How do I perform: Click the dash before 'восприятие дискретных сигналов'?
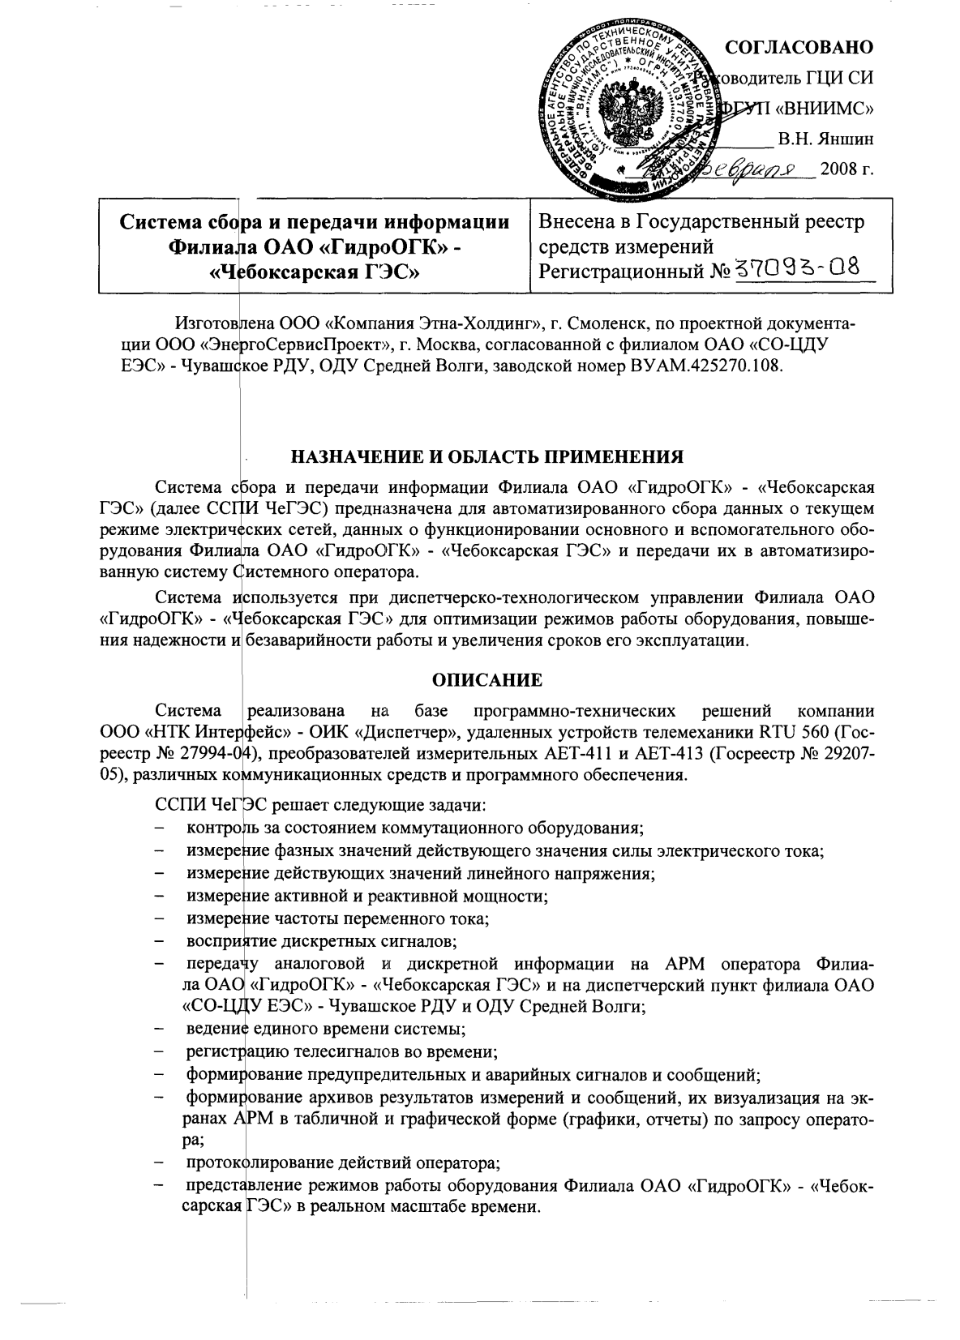point(165,941)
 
